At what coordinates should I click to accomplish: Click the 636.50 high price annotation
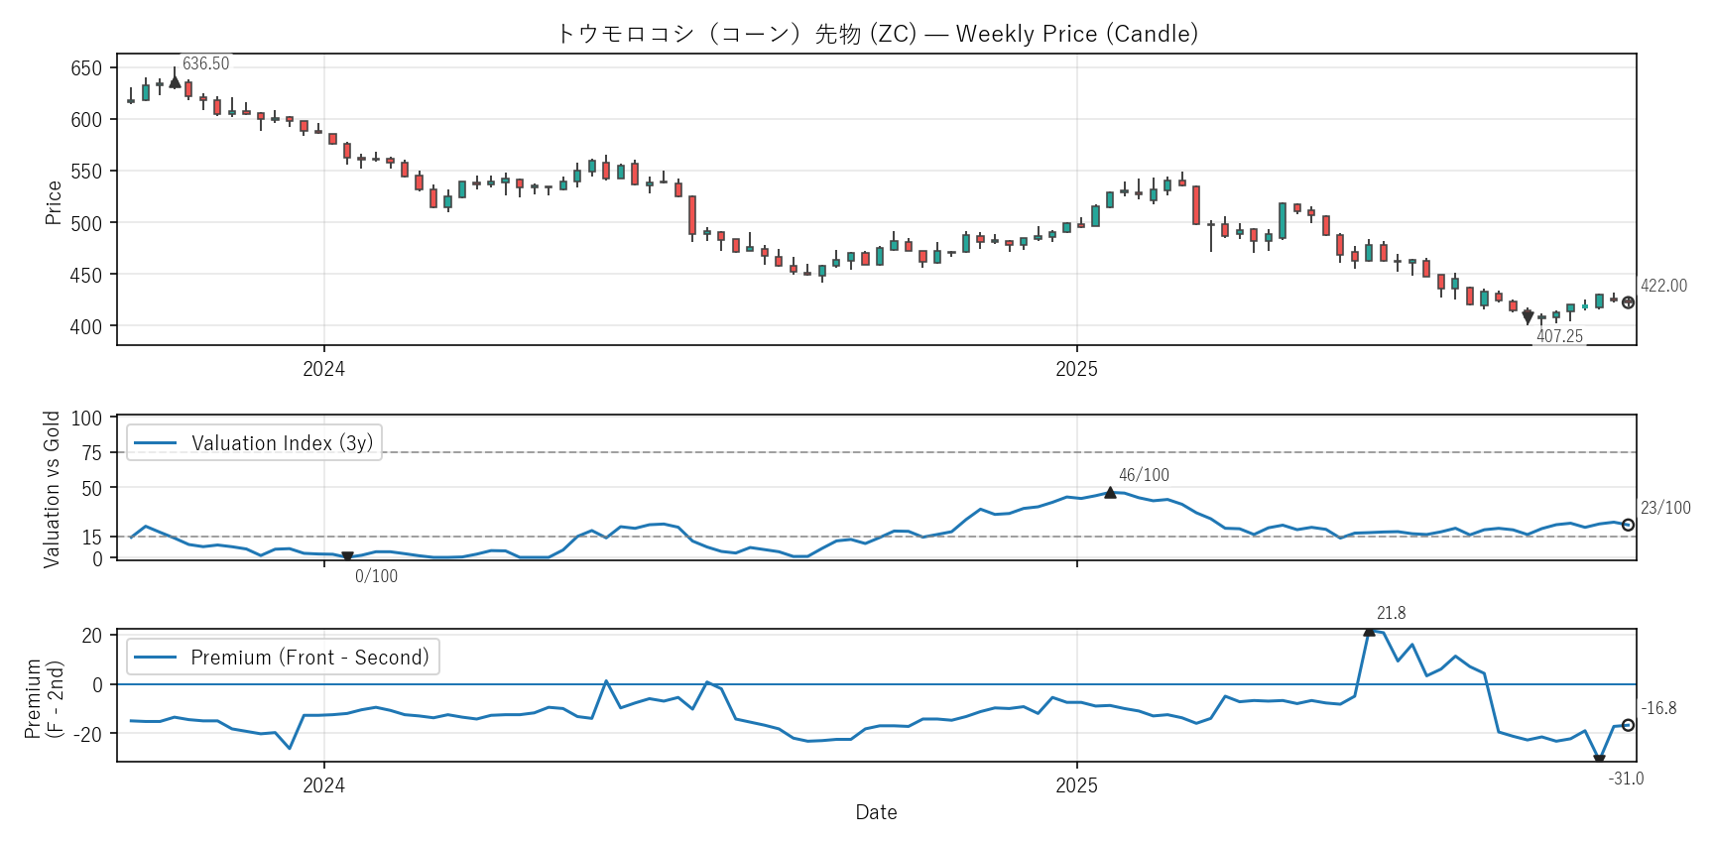(205, 64)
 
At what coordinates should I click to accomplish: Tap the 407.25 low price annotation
(1559, 336)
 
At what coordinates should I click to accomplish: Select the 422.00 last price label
(1663, 286)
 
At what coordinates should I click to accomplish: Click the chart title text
(877, 34)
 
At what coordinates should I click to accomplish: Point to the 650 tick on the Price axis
(86, 68)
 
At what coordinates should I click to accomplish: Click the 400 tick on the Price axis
(86, 326)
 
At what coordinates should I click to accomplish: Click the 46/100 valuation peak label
(1144, 475)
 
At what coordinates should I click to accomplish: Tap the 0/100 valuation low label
(376, 576)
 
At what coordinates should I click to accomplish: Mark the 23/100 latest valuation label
(1665, 508)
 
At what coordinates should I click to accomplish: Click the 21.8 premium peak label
(1391, 613)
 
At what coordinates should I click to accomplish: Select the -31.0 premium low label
(1626, 779)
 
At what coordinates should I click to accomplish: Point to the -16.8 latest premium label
(1658, 708)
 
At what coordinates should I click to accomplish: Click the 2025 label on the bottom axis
(1076, 785)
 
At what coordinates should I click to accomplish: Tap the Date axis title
(876, 812)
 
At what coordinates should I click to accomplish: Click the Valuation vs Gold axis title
(52, 489)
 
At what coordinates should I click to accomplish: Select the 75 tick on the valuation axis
(91, 453)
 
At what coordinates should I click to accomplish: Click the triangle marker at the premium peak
(1369, 631)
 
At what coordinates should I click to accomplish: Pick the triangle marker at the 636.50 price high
(175, 81)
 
